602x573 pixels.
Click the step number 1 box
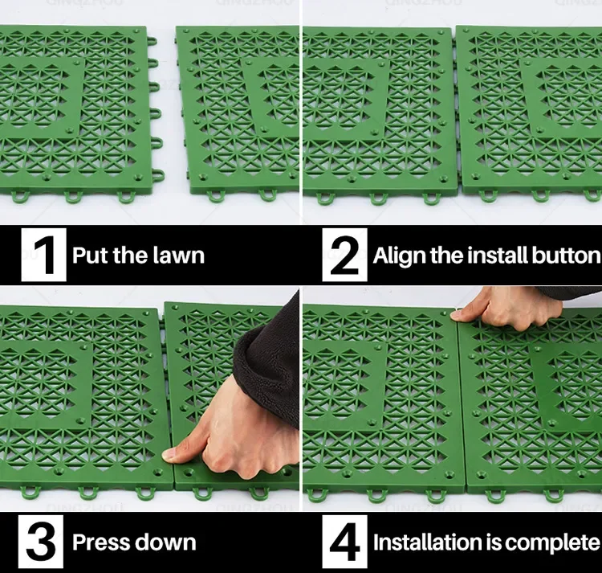tap(43, 255)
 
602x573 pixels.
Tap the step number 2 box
tap(344, 255)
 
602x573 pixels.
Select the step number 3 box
tap(41, 542)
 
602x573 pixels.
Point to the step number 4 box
tap(344, 542)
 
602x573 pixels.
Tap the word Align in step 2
tap(399, 256)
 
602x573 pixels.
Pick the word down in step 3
tap(165, 542)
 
